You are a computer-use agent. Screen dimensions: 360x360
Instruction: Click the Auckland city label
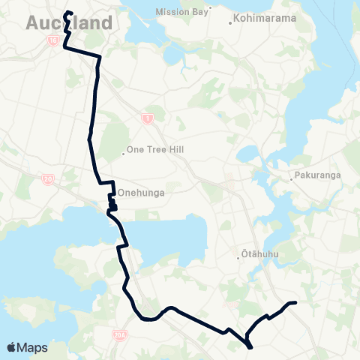point(69,24)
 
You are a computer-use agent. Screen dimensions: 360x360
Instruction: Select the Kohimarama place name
point(263,18)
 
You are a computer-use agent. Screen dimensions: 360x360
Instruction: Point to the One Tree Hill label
point(156,150)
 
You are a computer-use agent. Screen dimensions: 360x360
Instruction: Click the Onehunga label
point(142,192)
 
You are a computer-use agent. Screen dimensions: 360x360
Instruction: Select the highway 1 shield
point(146,117)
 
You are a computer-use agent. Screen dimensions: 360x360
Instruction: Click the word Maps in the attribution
point(33,347)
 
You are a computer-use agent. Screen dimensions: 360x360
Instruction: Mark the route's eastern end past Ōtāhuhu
point(296,302)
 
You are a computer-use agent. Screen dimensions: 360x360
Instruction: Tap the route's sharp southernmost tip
point(250,346)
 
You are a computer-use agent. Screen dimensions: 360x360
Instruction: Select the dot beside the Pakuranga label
point(292,178)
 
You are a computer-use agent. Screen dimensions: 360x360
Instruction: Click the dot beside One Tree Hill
point(123,154)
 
